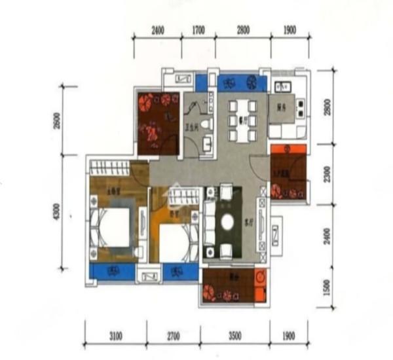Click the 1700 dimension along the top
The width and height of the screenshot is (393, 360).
click(199, 30)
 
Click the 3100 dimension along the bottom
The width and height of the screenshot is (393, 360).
click(115, 336)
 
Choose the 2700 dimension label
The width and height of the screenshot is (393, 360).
click(173, 336)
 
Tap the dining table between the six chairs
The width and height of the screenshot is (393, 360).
click(242, 120)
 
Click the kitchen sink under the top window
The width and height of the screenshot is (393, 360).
click(284, 87)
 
